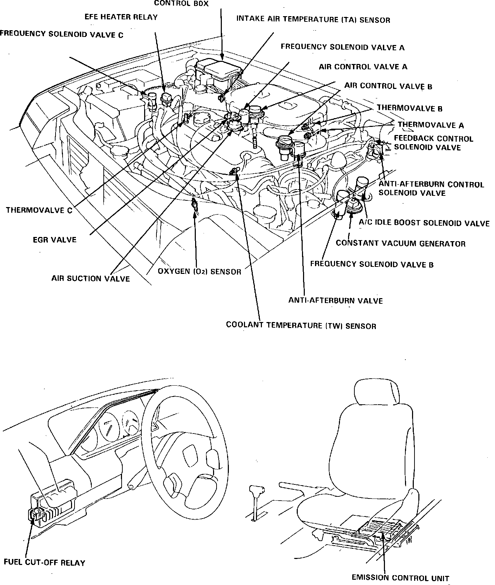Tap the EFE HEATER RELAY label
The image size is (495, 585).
tap(121, 17)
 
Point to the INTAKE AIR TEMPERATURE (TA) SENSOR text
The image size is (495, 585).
tap(313, 20)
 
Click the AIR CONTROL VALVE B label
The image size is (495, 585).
tap(388, 86)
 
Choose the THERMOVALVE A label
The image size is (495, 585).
tap(431, 125)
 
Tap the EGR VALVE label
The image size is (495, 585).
tap(54, 240)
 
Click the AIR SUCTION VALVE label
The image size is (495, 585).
tap(91, 279)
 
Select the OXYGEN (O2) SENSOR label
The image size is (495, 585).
tap(199, 272)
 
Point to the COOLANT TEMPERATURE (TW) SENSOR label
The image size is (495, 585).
tap(301, 326)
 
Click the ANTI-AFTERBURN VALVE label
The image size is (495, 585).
tap(335, 301)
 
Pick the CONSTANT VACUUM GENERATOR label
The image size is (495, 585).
tap(400, 243)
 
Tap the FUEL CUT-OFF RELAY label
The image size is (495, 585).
tap(44, 562)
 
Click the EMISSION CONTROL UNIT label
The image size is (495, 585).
tap(400, 578)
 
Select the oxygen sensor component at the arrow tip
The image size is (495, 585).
tap(194, 205)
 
